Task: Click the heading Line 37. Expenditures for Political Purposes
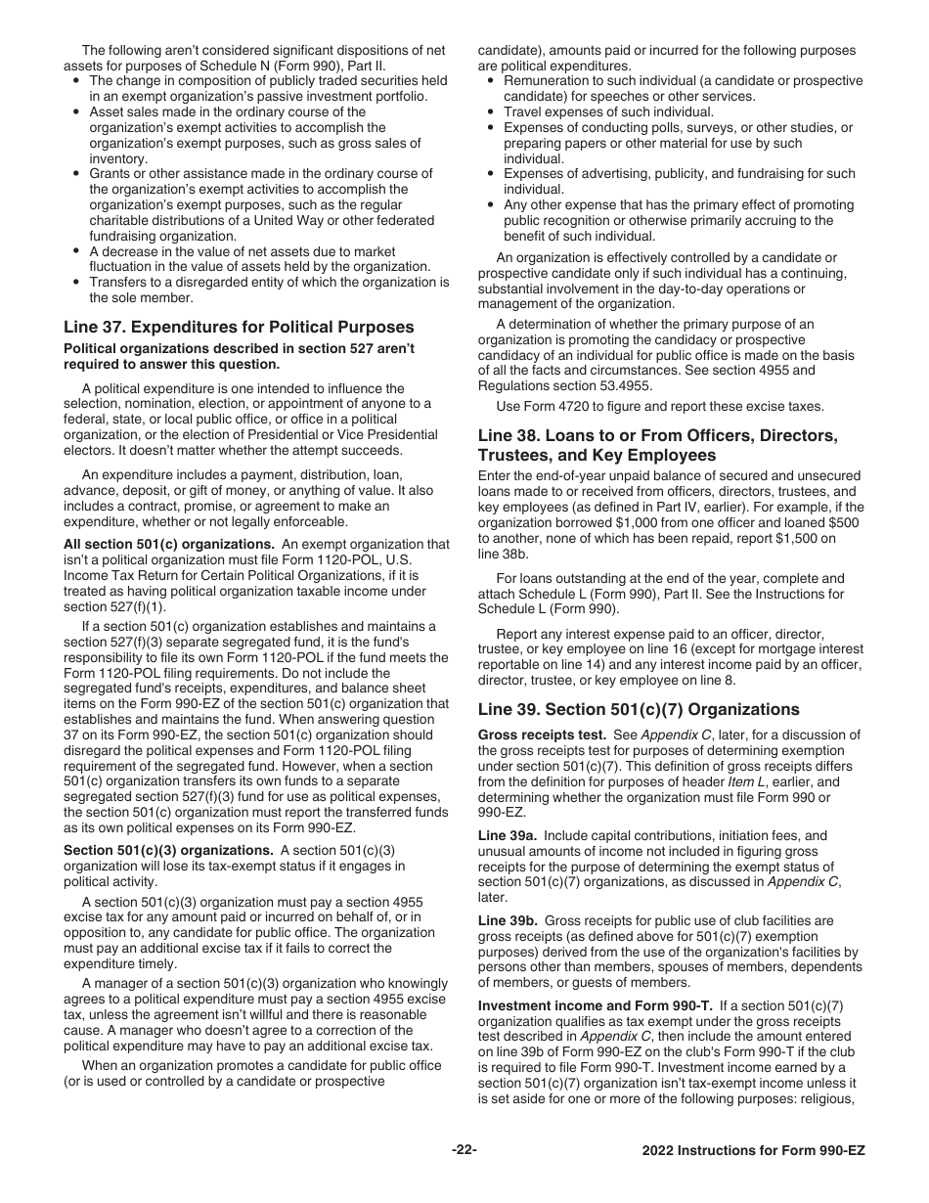(x=239, y=327)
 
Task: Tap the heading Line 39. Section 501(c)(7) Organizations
(x=639, y=710)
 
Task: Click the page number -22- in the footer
(x=464, y=1150)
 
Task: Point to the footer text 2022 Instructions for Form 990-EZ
(x=753, y=1151)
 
